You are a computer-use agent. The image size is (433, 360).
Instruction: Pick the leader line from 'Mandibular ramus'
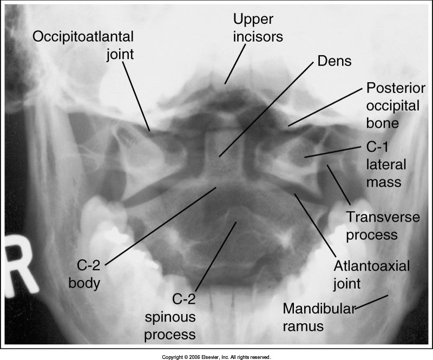[x=372, y=302]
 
